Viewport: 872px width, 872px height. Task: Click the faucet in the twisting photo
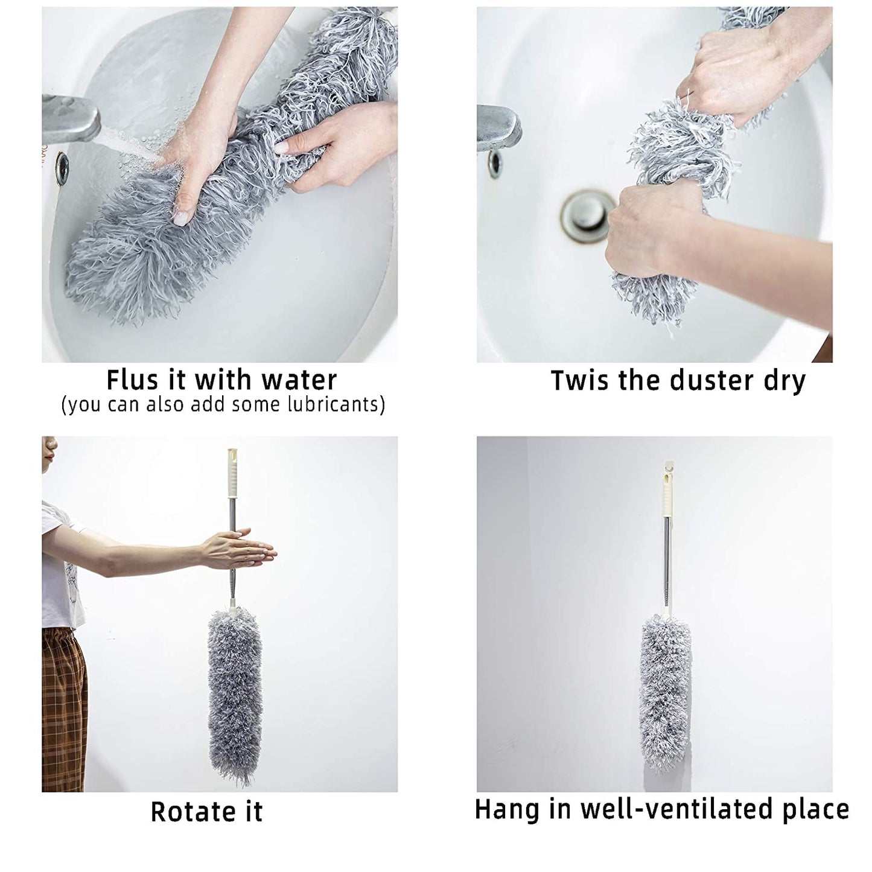pyautogui.click(x=498, y=127)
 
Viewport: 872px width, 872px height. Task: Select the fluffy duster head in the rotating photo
pyautogui.click(x=235, y=694)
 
